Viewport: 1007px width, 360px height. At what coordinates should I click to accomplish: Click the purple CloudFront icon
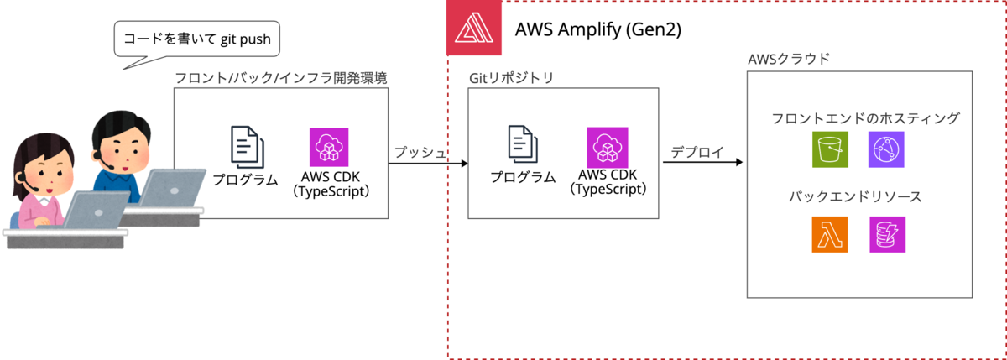(886, 149)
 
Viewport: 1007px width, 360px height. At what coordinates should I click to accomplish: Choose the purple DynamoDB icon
(888, 234)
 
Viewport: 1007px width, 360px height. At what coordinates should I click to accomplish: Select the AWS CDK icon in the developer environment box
(328, 147)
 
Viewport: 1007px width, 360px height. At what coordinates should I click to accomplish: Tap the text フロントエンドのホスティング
(865, 118)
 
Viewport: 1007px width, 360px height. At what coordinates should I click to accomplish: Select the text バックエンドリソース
(855, 198)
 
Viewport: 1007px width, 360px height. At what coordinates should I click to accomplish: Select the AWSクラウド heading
(789, 60)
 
